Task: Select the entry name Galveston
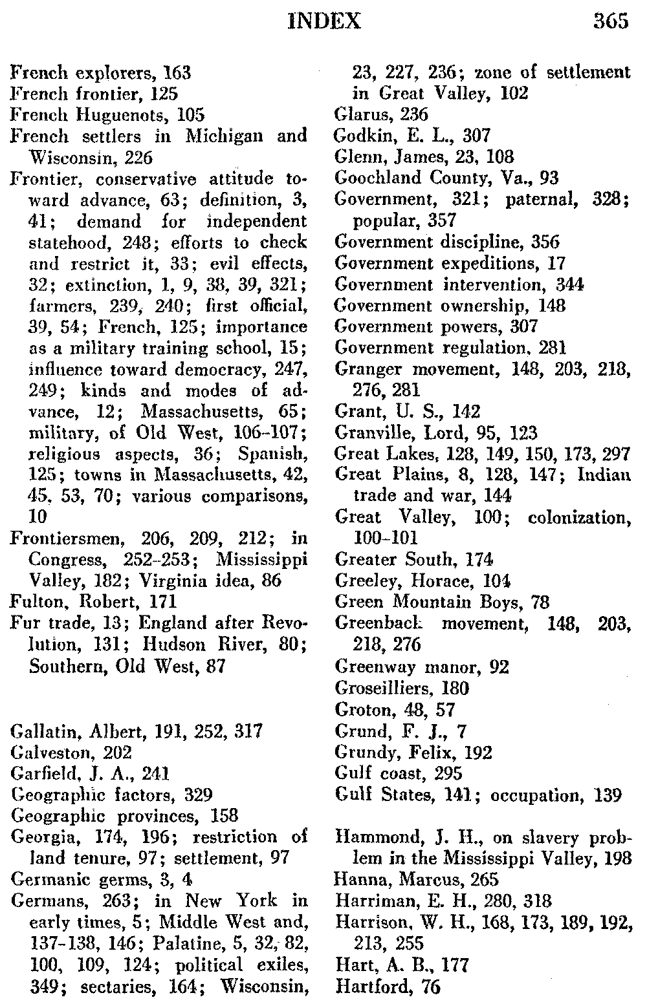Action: coord(40,753)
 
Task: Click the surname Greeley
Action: coord(362,581)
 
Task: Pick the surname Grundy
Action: coord(360,753)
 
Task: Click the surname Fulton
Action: coord(36,602)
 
